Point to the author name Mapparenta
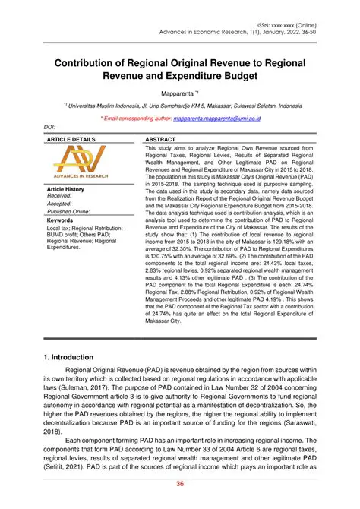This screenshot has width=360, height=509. coord(178,90)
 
